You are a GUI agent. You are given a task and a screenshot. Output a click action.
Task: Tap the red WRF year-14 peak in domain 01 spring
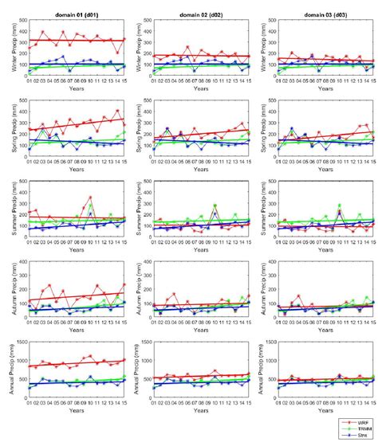[117, 111]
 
